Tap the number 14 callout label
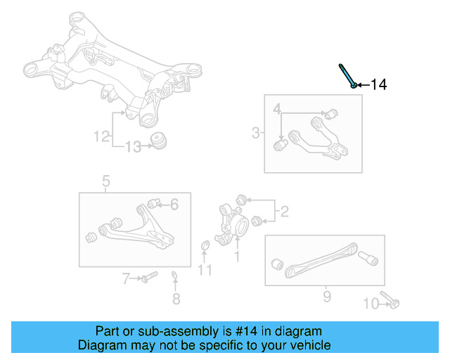point(378,85)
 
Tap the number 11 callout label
point(205,270)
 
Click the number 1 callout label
point(237,257)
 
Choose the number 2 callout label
point(284,210)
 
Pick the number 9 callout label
point(326,297)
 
